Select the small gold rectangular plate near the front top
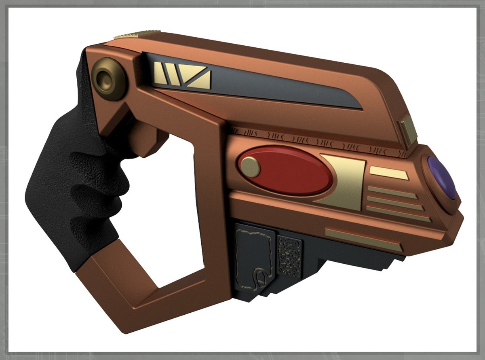click(409, 129)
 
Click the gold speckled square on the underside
click(289, 256)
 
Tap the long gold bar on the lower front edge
click(363, 239)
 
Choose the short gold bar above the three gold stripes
click(388, 173)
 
